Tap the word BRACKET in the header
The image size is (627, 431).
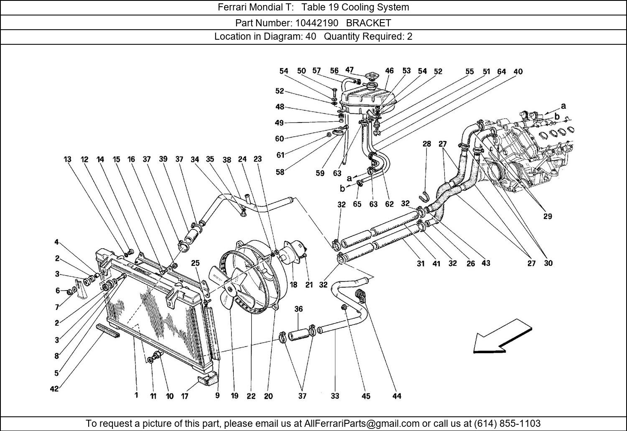coord(368,23)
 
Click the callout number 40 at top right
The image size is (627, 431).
coord(517,71)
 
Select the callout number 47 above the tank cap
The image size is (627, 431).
coord(349,70)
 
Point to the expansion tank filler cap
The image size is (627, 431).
coord(371,77)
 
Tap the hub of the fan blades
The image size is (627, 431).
coord(229,288)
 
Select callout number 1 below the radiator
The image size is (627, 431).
coord(136,395)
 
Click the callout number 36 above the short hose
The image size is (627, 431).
coord(298,309)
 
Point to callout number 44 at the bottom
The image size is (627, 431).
coord(397,395)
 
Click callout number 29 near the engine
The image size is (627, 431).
coord(547,216)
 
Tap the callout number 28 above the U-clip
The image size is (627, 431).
coord(426,144)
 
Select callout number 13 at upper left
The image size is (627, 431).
coord(68,159)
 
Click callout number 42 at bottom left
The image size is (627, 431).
coord(54,389)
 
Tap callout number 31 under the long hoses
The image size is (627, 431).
coord(421,263)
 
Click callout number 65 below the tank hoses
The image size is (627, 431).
coord(357,204)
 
